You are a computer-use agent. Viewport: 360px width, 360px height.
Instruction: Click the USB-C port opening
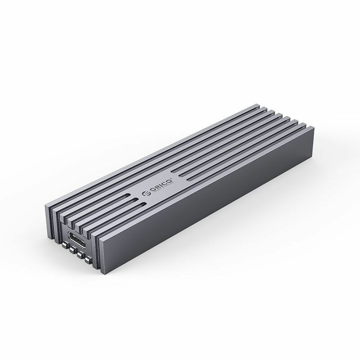73,239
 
